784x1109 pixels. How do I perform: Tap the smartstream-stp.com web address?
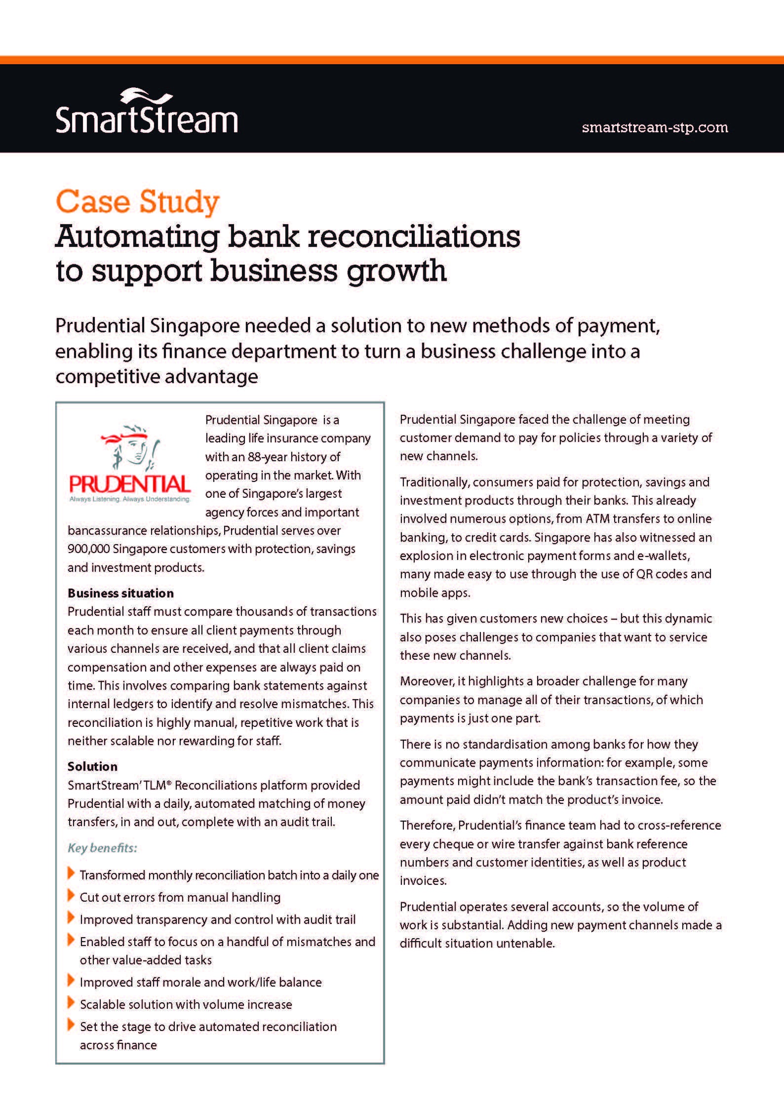click(x=655, y=127)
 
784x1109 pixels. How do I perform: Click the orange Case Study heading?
click(x=137, y=202)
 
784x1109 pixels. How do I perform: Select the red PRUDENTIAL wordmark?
click(x=130, y=484)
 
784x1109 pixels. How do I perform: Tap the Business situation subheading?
click(x=120, y=593)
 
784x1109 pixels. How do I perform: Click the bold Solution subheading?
click(x=92, y=766)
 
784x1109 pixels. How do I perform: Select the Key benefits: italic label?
click(x=102, y=848)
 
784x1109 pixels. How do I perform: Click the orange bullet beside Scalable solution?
click(x=71, y=1003)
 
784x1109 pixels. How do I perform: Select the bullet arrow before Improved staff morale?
click(x=71, y=981)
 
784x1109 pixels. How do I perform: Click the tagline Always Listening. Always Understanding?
click(x=130, y=499)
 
